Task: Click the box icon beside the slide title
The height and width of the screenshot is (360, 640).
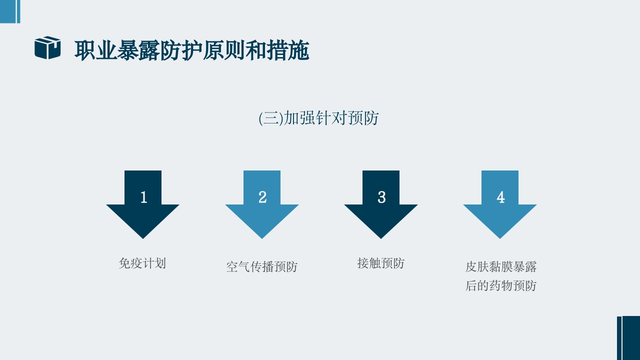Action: [x=47, y=48]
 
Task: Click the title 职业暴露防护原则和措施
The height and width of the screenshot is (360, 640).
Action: [x=191, y=50]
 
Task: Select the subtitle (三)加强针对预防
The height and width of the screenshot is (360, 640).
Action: [x=319, y=118]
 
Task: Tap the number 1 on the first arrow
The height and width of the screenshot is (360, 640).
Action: [x=143, y=197]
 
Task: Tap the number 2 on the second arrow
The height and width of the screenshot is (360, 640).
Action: [x=262, y=197]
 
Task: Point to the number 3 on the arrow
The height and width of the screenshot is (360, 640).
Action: [x=381, y=197]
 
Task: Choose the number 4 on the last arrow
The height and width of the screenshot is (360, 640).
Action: [x=500, y=197]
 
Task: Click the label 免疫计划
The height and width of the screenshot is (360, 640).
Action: [x=142, y=263]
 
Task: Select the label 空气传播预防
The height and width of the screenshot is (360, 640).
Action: [x=261, y=267]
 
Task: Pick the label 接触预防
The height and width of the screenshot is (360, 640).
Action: [x=381, y=263]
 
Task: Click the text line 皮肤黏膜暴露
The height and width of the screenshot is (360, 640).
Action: [x=501, y=267]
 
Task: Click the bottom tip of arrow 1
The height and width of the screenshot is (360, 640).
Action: [x=143, y=236]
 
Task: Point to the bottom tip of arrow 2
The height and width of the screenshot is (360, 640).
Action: [x=262, y=236]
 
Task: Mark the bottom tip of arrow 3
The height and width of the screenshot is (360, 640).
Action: [x=381, y=236]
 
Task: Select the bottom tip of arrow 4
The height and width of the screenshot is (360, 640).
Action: [x=500, y=236]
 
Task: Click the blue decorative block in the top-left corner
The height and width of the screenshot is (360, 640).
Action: [x=8, y=11]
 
